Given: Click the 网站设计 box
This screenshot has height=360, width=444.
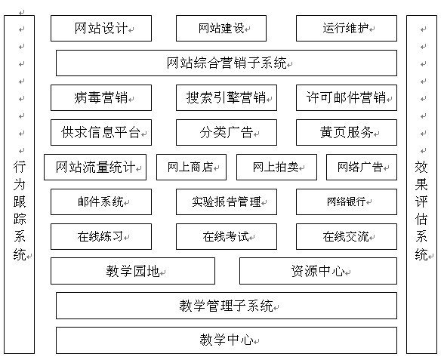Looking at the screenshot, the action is [x=101, y=29].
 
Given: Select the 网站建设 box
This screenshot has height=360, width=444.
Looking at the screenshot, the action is [x=221, y=29].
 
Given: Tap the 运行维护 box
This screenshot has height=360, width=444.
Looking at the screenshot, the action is [x=347, y=29].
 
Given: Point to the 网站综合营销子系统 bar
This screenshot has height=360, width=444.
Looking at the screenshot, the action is [x=227, y=63].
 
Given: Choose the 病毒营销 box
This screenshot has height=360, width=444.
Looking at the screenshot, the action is [x=101, y=97].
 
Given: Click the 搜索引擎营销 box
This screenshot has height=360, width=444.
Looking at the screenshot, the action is [x=227, y=97].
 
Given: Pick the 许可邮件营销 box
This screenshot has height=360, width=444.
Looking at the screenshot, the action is [x=347, y=97].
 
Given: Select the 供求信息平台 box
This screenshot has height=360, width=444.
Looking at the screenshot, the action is [x=101, y=133].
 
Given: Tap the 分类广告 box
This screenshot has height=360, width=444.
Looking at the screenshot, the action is [x=227, y=133].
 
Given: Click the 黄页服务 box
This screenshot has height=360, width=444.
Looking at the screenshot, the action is [x=347, y=133].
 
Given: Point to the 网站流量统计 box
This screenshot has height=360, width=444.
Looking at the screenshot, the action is [x=95, y=167].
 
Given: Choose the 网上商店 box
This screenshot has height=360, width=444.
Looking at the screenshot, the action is [x=192, y=167].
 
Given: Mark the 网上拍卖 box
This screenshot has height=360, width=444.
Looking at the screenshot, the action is [x=276, y=167].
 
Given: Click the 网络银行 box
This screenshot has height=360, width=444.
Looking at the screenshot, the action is [x=347, y=202].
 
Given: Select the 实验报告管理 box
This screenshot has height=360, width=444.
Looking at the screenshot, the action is [x=227, y=202].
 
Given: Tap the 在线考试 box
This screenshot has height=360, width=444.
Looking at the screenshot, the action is [x=227, y=237].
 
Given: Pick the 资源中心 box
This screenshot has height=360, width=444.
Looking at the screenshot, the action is [x=319, y=271].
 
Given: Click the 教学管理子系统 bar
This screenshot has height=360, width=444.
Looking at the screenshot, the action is [x=227, y=306].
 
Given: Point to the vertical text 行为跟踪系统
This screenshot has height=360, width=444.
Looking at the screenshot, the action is [x=20, y=210].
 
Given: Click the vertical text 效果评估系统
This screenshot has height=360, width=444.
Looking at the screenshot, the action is [x=421, y=210].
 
